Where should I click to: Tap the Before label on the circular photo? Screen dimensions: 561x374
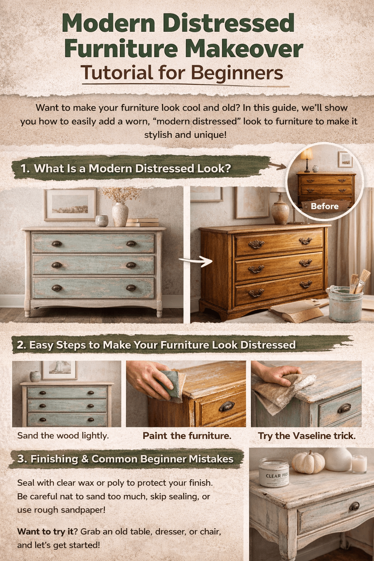pyautogui.click(x=324, y=206)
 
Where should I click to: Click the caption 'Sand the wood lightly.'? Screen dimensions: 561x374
pyautogui.click(x=63, y=435)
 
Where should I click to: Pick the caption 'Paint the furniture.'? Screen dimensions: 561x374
pyautogui.click(x=187, y=436)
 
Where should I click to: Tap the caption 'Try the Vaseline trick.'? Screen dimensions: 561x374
pyautogui.click(x=307, y=436)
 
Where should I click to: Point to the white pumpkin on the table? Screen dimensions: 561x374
pyautogui.click(x=309, y=462)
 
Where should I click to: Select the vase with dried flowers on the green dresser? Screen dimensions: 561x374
pyautogui.click(x=120, y=214)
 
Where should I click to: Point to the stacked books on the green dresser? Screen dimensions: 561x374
pyautogui.click(x=143, y=222)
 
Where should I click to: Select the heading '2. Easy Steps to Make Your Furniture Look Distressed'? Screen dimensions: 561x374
pyautogui.click(x=156, y=345)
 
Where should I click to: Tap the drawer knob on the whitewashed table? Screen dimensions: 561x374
pyautogui.click(x=354, y=506)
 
